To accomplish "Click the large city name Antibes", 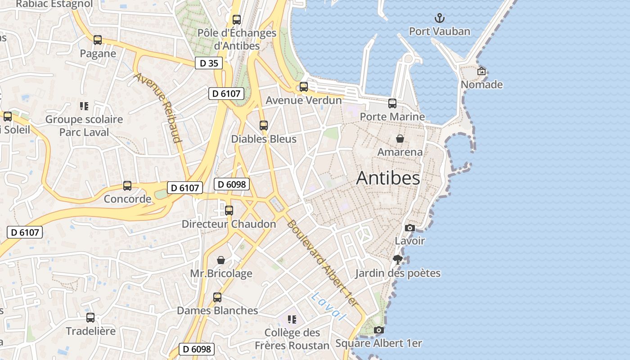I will click(x=388, y=178).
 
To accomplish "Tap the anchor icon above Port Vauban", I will click(x=439, y=18).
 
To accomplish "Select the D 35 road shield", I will click(x=209, y=63).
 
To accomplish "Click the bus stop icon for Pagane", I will click(x=98, y=40).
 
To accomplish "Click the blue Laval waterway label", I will click(x=329, y=306).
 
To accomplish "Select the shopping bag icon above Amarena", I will click(x=400, y=139).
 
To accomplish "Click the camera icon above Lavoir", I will click(x=409, y=228).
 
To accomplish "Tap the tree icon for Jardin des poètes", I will click(x=397, y=260).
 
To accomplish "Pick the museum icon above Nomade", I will click(x=481, y=71).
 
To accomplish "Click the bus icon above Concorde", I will click(x=127, y=186).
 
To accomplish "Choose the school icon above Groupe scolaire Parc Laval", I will click(x=84, y=106).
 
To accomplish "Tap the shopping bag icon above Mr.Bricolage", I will click(x=221, y=260).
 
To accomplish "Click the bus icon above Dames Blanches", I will click(x=217, y=297).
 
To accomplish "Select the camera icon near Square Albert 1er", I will click(x=379, y=330).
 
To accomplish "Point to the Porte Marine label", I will click(x=392, y=117).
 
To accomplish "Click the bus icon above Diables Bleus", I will click(x=264, y=126).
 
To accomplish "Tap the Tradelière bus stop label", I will click(x=90, y=331).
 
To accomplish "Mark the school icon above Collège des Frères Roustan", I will click(x=292, y=319).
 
